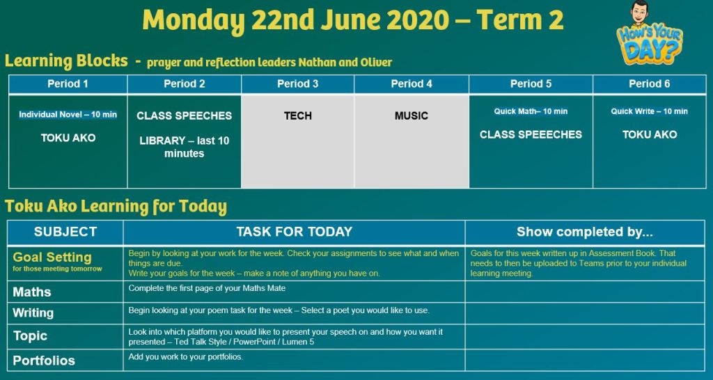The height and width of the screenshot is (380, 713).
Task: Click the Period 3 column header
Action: click(x=298, y=84)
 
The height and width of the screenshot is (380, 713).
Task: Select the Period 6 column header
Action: click(x=650, y=84)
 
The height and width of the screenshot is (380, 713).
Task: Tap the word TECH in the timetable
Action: click(x=298, y=116)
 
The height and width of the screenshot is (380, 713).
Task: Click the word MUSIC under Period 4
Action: click(x=411, y=116)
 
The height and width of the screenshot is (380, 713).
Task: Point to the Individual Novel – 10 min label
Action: click(x=68, y=115)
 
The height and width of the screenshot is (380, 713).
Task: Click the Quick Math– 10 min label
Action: click(x=531, y=111)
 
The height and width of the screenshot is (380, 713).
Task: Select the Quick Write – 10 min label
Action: click(x=650, y=111)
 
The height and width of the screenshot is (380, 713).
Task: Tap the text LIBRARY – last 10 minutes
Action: click(x=184, y=147)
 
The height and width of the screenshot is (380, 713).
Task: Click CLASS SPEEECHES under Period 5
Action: click(x=531, y=134)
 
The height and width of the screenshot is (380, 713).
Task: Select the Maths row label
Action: click(x=32, y=292)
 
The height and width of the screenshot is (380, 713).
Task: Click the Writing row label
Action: click(x=33, y=313)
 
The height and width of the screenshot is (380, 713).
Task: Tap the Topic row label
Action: click(x=30, y=336)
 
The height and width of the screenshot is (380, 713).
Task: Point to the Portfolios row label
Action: click(x=44, y=361)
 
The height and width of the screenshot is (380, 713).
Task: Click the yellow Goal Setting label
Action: click(x=52, y=258)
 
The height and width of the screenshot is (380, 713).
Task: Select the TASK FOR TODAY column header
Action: click(x=295, y=232)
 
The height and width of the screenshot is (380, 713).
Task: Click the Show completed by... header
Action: click(x=585, y=232)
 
